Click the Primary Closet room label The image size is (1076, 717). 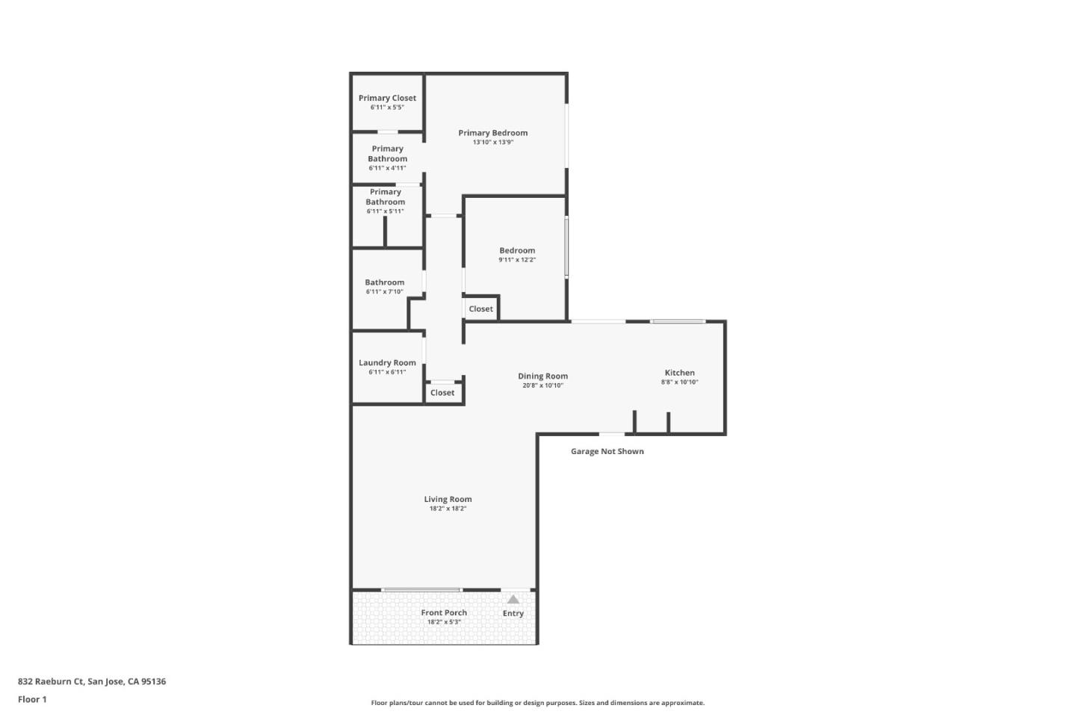click(387, 98)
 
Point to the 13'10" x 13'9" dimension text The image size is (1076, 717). click(492, 143)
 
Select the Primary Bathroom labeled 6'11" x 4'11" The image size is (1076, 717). click(387, 154)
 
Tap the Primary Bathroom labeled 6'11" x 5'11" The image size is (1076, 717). click(385, 197)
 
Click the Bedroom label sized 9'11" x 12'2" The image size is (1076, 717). click(517, 251)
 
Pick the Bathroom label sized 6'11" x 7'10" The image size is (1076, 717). click(384, 283)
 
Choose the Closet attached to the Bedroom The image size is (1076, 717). click(480, 309)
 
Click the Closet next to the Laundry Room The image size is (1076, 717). click(442, 393)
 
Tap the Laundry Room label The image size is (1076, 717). click(387, 363)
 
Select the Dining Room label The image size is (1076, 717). click(542, 376)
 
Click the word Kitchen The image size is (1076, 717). click(679, 373)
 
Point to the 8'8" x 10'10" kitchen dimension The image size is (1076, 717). click(679, 382)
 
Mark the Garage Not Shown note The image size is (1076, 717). click(607, 451)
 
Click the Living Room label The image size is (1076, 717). click(448, 500)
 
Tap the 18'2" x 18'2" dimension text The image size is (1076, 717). click(448, 509)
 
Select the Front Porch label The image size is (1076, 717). click(444, 612)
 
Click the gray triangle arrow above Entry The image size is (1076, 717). click(513, 599)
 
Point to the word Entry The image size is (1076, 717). click(513, 613)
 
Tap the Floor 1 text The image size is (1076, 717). click(32, 699)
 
